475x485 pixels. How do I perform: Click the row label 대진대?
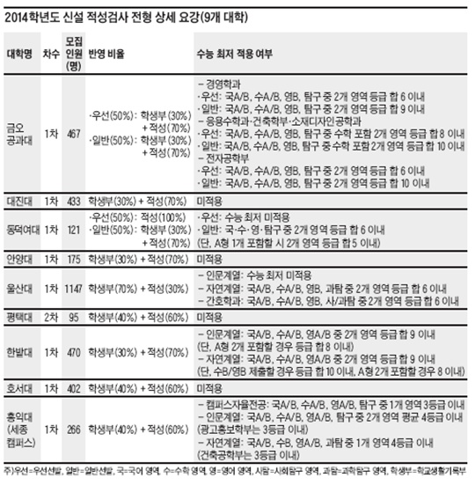(21, 202)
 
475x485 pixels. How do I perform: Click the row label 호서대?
(21, 387)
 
